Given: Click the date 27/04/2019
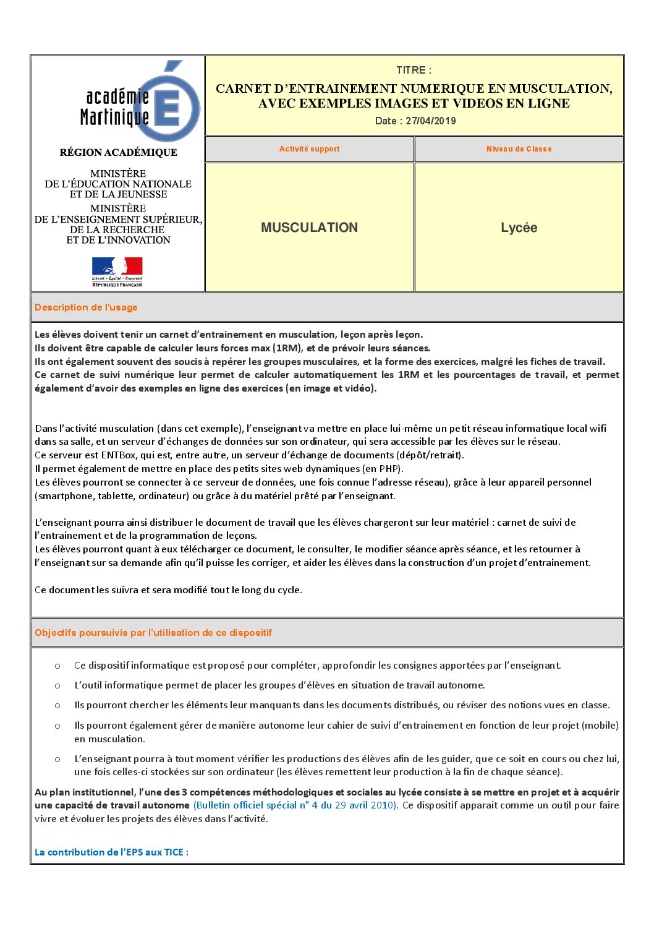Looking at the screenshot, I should tap(430, 121).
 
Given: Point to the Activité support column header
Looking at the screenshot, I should tap(309, 149).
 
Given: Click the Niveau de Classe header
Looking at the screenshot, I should tap(519, 149).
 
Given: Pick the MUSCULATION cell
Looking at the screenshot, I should tap(309, 228).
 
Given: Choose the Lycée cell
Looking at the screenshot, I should tap(519, 228).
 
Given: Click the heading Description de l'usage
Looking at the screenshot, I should tap(86, 307).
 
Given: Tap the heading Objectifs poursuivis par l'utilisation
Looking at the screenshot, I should tap(153, 633).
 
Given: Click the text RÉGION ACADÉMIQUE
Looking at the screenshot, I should tap(118, 152).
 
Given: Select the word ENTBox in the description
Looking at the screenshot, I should tap(118, 455).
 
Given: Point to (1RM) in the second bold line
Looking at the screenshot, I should tap(287, 348).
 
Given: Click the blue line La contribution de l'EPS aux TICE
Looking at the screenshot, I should tap(111, 852).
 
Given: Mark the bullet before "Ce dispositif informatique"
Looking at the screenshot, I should tap(57, 666).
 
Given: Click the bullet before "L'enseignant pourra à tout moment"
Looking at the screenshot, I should tap(57, 759).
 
